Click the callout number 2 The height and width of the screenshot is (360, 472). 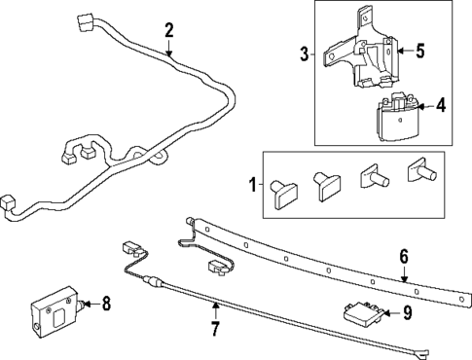click(168, 31)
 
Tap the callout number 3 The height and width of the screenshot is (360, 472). click(304, 54)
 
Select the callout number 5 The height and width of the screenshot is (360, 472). click(420, 52)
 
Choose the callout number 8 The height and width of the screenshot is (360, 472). click(106, 304)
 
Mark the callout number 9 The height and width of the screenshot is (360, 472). click(408, 312)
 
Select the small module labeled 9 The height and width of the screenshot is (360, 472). click(361, 312)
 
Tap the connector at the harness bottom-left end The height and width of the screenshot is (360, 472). click(10, 202)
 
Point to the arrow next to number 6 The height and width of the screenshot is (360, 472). click(405, 273)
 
